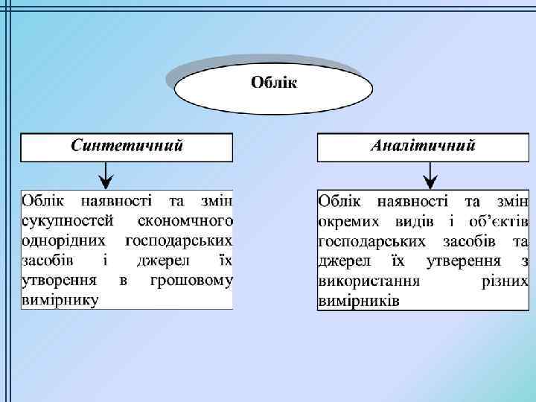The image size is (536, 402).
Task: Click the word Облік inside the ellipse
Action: [273, 82]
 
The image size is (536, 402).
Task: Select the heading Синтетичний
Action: [127, 145]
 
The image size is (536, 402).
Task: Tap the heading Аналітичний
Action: [423, 145]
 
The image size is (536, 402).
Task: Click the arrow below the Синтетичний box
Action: [106, 176]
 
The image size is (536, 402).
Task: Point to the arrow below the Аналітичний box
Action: [431, 176]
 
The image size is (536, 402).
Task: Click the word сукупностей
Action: [68, 221]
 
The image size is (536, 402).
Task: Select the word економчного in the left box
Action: [185, 221]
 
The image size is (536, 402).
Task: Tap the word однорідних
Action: [66, 241]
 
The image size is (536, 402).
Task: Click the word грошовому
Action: [191, 281]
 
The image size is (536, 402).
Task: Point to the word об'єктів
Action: [499, 222]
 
